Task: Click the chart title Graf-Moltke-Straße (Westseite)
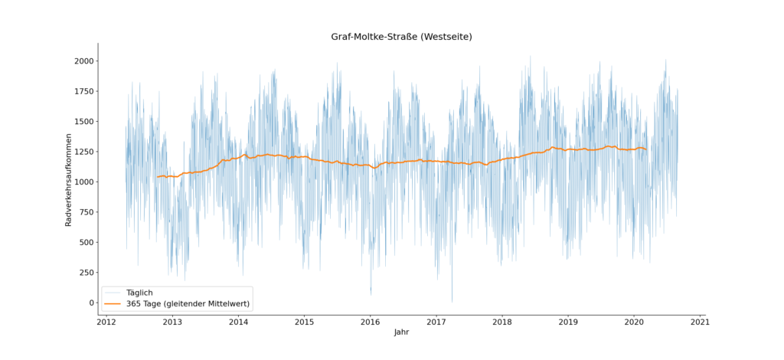(401, 37)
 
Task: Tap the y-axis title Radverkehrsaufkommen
(68, 182)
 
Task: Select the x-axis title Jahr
(401, 332)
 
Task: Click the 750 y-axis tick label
(85, 212)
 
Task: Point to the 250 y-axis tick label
(85, 273)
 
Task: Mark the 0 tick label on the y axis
(90, 303)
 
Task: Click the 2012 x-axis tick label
(106, 322)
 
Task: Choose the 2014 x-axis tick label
(238, 322)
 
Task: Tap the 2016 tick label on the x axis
(371, 322)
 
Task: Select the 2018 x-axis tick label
(502, 322)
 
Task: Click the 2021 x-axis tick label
(701, 322)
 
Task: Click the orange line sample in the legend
(113, 304)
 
